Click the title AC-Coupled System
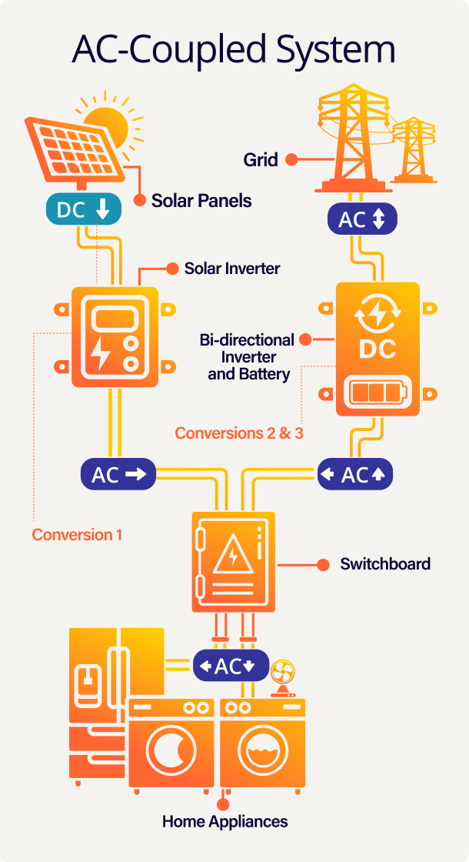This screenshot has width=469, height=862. click(234, 49)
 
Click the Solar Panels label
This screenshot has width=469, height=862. click(201, 201)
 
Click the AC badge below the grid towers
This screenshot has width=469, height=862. click(361, 220)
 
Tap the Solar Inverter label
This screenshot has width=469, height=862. click(232, 269)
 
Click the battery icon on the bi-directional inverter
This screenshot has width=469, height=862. click(377, 393)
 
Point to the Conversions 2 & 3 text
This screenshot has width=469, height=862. click(239, 433)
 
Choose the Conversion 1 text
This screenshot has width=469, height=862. click(77, 535)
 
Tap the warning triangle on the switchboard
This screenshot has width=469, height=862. click(233, 556)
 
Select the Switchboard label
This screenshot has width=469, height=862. click(385, 564)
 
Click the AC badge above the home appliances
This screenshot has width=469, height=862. click(230, 667)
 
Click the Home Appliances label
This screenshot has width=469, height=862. click(225, 821)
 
